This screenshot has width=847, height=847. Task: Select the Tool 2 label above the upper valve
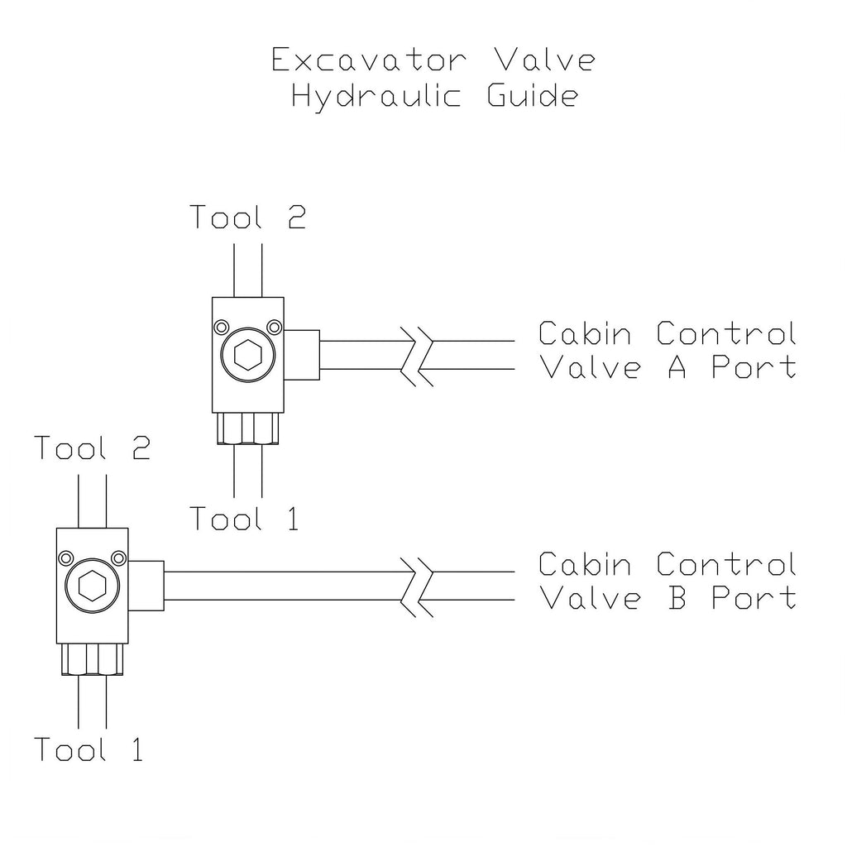pyautogui.click(x=247, y=217)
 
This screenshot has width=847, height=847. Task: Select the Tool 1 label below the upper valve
pyautogui.click(x=244, y=519)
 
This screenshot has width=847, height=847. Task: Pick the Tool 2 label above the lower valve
pyautogui.click(x=92, y=448)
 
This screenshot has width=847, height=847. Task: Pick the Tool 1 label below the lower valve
pyautogui.click(x=89, y=749)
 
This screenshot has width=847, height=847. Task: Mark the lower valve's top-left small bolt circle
pyautogui.click(x=64, y=557)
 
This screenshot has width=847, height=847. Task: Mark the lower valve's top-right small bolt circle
pyautogui.click(x=120, y=557)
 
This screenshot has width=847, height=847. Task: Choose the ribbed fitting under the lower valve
pyautogui.click(x=92, y=659)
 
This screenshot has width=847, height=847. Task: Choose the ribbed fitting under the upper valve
pyautogui.click(x=247, y=429)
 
